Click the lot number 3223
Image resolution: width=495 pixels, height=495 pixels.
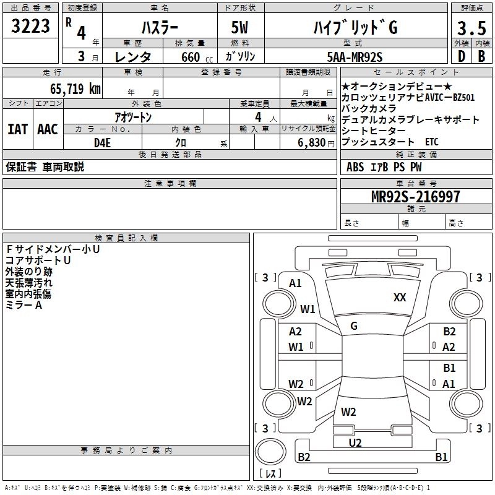click(31, 27)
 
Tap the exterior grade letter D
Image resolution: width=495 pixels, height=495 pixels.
click(460, 57)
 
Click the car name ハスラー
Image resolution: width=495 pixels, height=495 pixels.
click(158, 28)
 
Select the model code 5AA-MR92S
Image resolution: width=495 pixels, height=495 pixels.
click(355, 57)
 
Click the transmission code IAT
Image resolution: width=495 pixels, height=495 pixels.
click(17, 129)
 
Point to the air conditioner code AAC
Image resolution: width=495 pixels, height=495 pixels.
click(47, 129)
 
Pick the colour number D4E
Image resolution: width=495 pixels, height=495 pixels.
click(102, 143)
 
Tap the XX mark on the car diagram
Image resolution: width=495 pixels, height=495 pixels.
click(400, 298)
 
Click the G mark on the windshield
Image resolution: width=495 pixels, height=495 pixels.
click(354, 326)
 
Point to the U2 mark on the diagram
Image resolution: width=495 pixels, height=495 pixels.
click(355, 442)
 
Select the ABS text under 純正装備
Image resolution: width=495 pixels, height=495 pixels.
click(355, 166)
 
